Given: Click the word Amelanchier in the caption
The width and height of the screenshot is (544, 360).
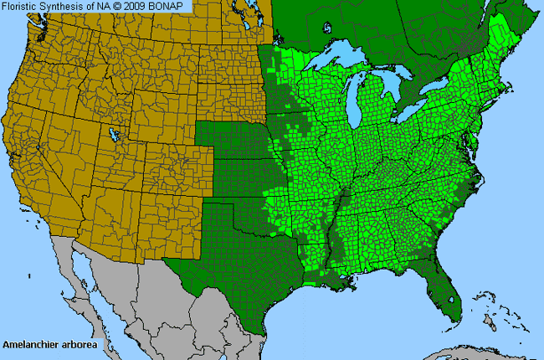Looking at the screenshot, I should click(30, 344).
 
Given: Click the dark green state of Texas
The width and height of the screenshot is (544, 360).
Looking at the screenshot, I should click(230, 260).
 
